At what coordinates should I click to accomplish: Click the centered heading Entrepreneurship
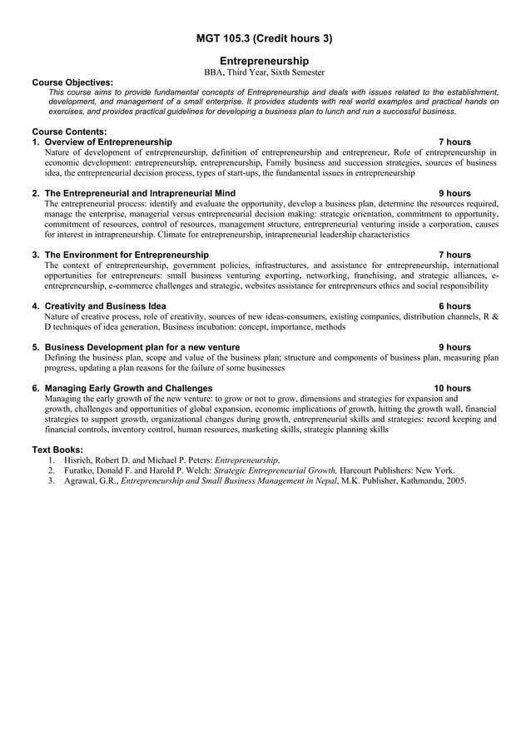coord(264,61)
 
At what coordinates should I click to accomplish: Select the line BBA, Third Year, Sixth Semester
coord(264,73)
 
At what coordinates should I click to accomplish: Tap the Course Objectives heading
coord(72,82)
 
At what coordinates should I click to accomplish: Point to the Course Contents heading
coord(69,132)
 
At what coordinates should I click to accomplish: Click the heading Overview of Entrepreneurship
coord(108,142)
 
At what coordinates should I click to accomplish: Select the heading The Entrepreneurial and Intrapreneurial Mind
coord(140,193)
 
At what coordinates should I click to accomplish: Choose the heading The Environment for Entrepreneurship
coord(127,255)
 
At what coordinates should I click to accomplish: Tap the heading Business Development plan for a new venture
coord(142,347)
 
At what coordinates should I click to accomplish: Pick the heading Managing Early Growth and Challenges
coord(128,388)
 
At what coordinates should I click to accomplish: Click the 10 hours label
coord(452,388)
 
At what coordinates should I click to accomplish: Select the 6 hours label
coord(454,306)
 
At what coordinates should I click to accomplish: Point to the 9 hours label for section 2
coord(454,193)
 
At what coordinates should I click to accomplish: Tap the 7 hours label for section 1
coord(454,142)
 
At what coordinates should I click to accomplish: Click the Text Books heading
coord(57,450)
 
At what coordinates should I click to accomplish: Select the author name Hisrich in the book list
coord(80,460)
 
